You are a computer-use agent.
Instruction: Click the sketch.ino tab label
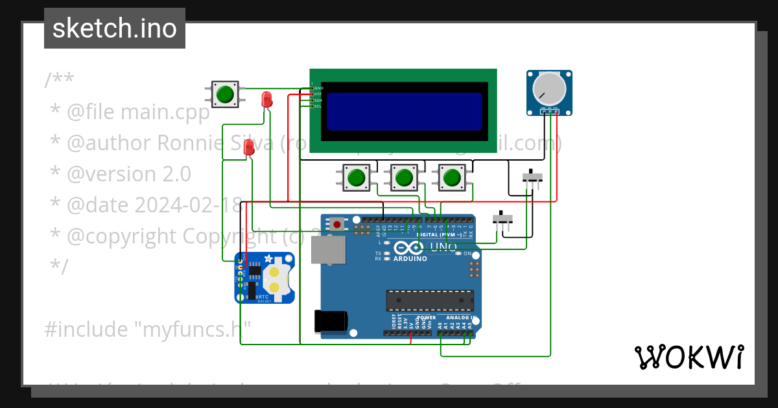[x=114, y=28]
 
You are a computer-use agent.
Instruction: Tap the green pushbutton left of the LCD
[x=225, y=94]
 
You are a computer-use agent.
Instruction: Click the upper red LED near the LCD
[x=266, y=99]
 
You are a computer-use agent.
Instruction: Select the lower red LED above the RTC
[x=248, y=148]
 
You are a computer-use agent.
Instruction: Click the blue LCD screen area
[x=404, y=111]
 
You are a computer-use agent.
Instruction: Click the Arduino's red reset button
[x=338, y=225]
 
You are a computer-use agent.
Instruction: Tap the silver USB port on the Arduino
[x=328, y=249]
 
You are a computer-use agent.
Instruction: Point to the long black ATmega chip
[x=429, y=300]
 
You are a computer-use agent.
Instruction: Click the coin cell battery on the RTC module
[x=275, y=278]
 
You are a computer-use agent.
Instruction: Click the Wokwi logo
[x=689, y=357]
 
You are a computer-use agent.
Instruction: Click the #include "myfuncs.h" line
[x=147, y=330]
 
